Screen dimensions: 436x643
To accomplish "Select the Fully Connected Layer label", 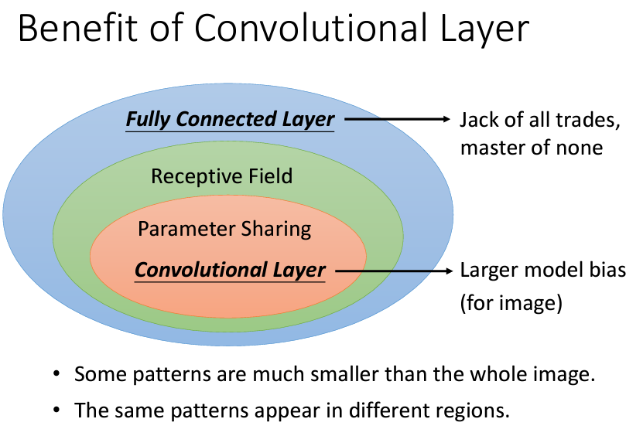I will pyautogui.click(x=230, y=120).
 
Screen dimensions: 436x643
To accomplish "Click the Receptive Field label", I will pyautogui.click(x=221, y=176).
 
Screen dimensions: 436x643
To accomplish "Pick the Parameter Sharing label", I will pyautogui.click(x=224, y=229).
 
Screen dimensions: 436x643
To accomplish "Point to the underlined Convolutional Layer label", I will pyautogui.click(x=230, y=271).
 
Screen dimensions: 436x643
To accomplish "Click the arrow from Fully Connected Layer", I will pyautogui.click(x=395, y=120).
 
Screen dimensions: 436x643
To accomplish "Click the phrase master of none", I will pyautogui.click(x=531, y=147).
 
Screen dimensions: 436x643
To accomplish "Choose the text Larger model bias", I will pyautogui.click(x=542, y=271).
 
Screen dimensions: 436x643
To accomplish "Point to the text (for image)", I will pyautogui.click(x=511, y=303).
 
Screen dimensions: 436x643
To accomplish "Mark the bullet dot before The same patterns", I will pyautogui.click(x=57, y=410).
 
